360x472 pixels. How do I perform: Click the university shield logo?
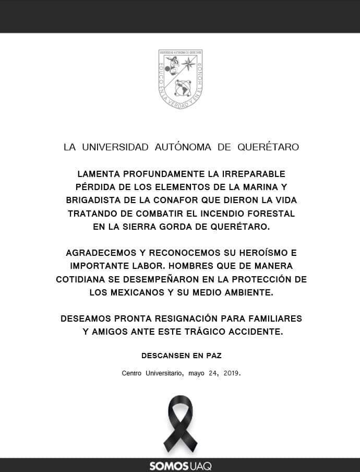181,79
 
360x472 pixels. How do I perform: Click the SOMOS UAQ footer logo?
180,466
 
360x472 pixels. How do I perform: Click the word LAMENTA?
99,173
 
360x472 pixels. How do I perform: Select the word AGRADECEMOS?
98,253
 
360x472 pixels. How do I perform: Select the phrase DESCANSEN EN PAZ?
181,356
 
